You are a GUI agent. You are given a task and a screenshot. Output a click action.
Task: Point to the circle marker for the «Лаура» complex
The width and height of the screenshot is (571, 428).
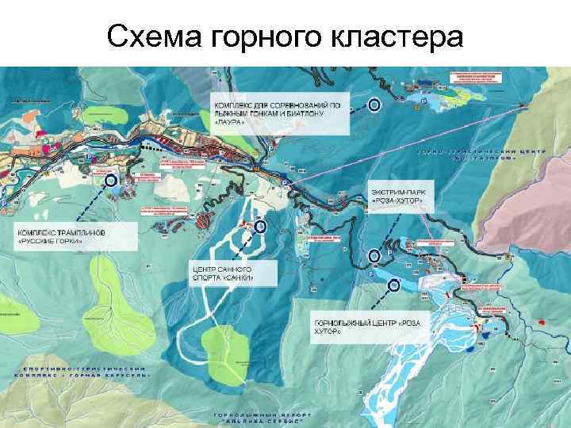coord(374,104)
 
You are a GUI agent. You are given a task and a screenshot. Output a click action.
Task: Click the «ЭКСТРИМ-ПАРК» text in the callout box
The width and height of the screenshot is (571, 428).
coord(397,193)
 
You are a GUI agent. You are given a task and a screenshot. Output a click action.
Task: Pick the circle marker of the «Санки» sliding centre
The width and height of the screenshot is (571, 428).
coord(260,227)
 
